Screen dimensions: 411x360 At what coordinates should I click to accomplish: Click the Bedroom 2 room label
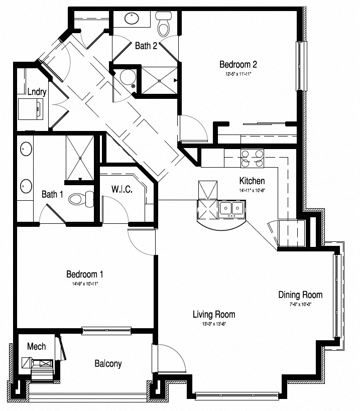tap(238, 64)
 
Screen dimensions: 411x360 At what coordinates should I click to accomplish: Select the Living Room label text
tap(214, 315)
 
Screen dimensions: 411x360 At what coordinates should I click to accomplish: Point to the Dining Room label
tap(300, 295)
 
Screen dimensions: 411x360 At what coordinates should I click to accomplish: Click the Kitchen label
tap(252, 181)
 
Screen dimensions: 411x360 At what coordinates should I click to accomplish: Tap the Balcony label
tap(108, 364)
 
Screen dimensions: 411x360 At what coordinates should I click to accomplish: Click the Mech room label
tap(36, 346)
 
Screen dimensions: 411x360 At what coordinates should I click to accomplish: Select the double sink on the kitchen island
tap(232, 208)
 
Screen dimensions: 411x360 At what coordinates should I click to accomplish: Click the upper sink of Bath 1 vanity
tap(26, 150)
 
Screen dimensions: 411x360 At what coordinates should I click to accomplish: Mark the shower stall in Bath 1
tap(80, 157)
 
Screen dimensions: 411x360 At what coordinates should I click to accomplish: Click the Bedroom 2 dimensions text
tap(238, 74)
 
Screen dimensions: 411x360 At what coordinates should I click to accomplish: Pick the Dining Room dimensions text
tap(300, 304)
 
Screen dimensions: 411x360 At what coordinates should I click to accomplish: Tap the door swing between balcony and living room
tap(169, 357)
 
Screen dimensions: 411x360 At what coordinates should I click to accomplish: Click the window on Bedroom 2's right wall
tap(301, 66)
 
